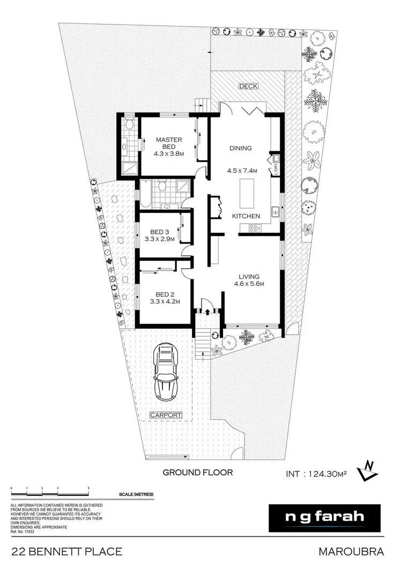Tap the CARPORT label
tap(166, 415)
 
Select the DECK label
tap(248, 86)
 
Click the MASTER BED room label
tap(169, 143)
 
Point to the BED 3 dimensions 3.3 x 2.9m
tap(159, 239)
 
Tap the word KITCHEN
tap(246, 216)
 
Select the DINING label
tap(240, 149)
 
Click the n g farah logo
tap(324, 518)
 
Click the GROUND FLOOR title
tap(198, 472)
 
